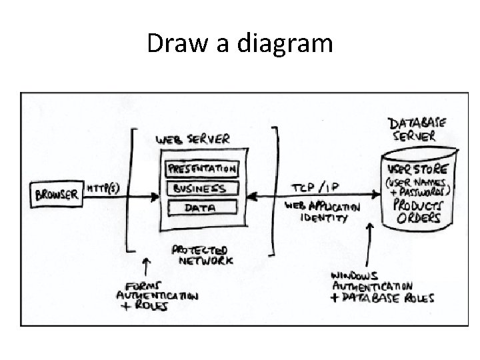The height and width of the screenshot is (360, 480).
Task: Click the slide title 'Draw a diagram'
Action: tap(239, 44)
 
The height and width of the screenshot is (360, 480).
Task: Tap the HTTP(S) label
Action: tap(104, 189)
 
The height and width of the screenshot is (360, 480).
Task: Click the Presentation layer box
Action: tap(201, 169)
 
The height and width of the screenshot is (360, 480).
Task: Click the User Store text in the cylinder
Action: tap(418, 168)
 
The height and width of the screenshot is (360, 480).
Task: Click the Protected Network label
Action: tap(202, 255)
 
